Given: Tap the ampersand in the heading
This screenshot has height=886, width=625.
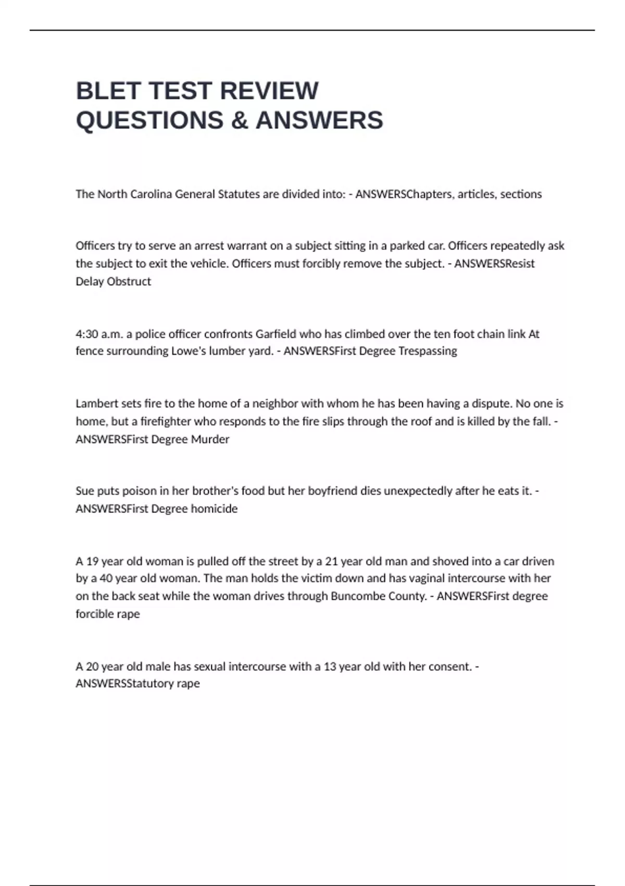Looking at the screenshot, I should [239, 120].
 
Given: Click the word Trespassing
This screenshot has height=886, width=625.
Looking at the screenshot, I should [428, 351].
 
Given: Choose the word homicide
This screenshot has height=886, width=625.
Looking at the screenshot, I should [214, 509].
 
